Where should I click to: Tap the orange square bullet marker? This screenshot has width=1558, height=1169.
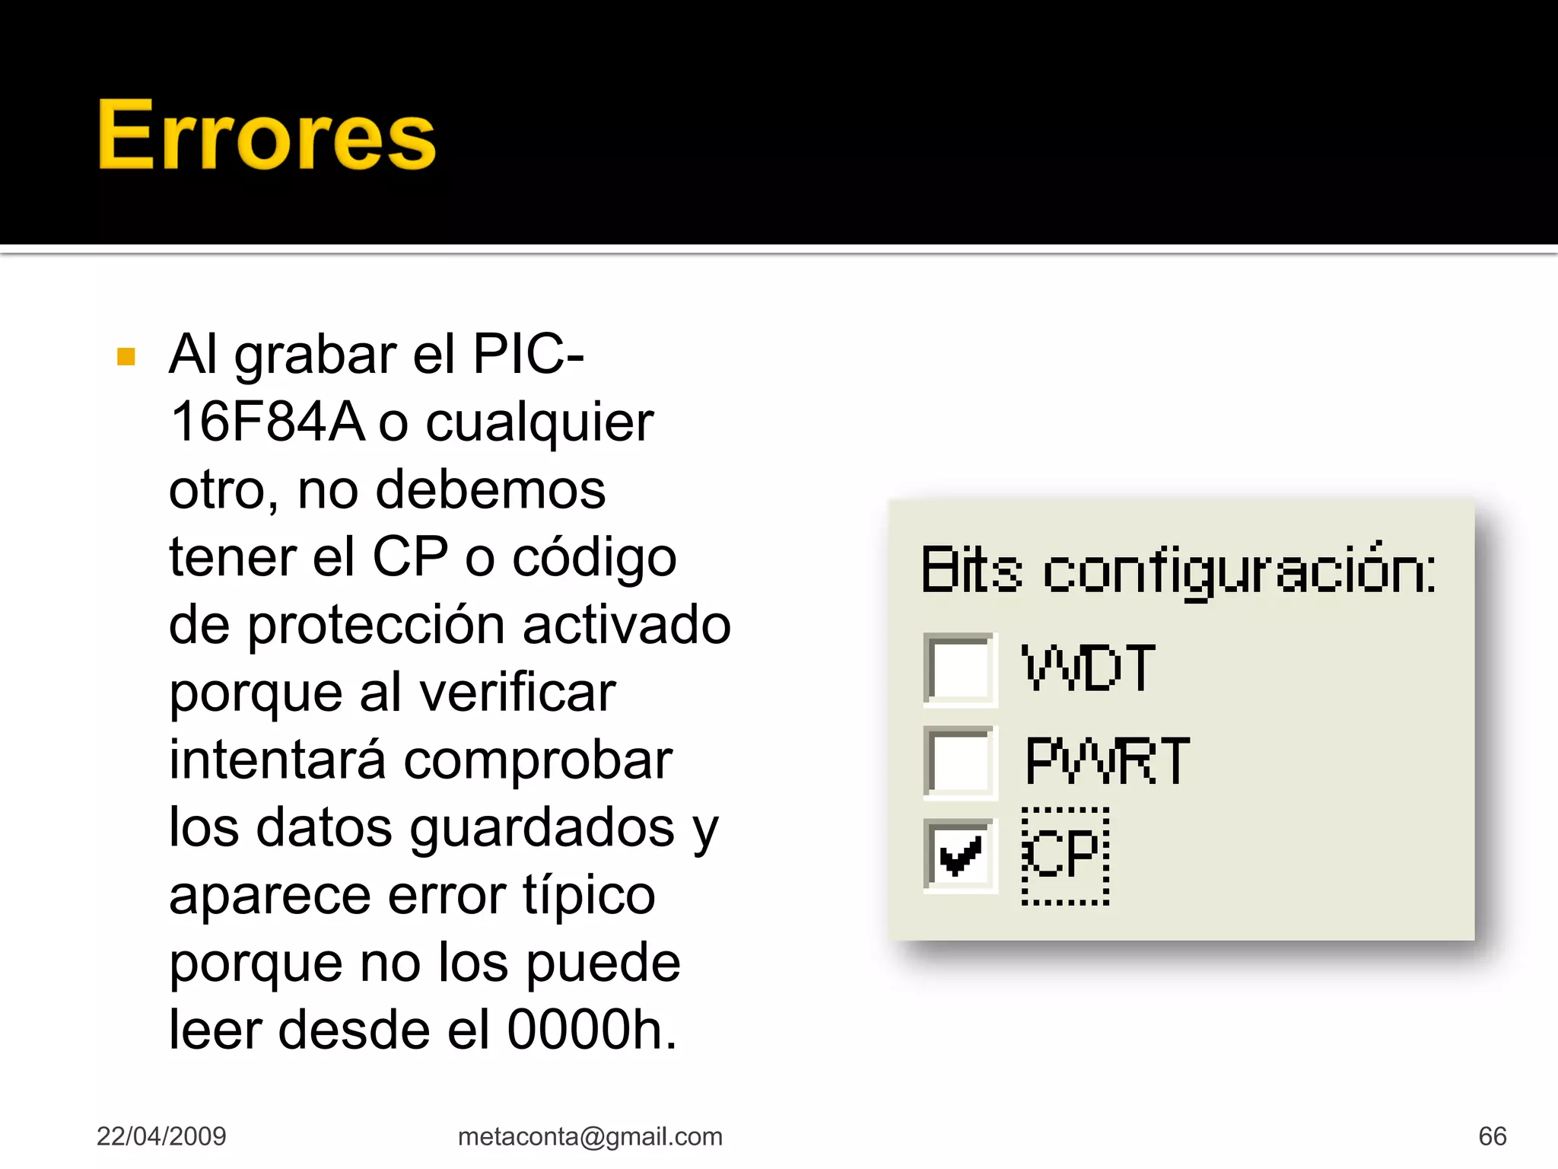pyautogui.click(x=126, y=356)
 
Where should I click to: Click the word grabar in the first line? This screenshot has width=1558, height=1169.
pyautogui.click(x=315, y=356)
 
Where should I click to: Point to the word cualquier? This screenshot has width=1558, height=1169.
pyautogui.click(x=539, y=423)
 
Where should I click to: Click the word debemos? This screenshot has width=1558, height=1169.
pyautogui.click(x=491, y=489)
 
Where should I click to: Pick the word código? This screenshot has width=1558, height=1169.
pyautogui.click(x=594, y=558)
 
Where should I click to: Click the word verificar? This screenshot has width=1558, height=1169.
pyautogui.click(x=517, y=693)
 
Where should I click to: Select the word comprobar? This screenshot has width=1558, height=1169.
pyautogui.click(x=538, y=761)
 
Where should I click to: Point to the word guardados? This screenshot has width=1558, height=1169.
pyautogui.click(x=542, y=828)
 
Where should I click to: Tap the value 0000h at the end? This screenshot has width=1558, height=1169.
pyautogui.click(x=591, y=1030)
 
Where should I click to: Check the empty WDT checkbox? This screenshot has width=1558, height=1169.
pyautogui.click(x=959, y=668)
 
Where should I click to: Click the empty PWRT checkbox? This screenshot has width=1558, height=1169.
pyautogui.click(x=959, y=761)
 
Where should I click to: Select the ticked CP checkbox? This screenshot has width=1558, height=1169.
pyautogui.click(x=959, y=854)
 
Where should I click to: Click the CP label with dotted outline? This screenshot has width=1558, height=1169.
pyautogui.click(x=1065, y=855)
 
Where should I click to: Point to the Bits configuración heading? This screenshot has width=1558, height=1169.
pyautogui.click(x=1177, y=571)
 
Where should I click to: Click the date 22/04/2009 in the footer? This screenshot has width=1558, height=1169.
pyautogui.click(x=161, y=1136)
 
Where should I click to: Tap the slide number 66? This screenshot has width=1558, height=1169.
pyautogui.click(x=1492, y=1136)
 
